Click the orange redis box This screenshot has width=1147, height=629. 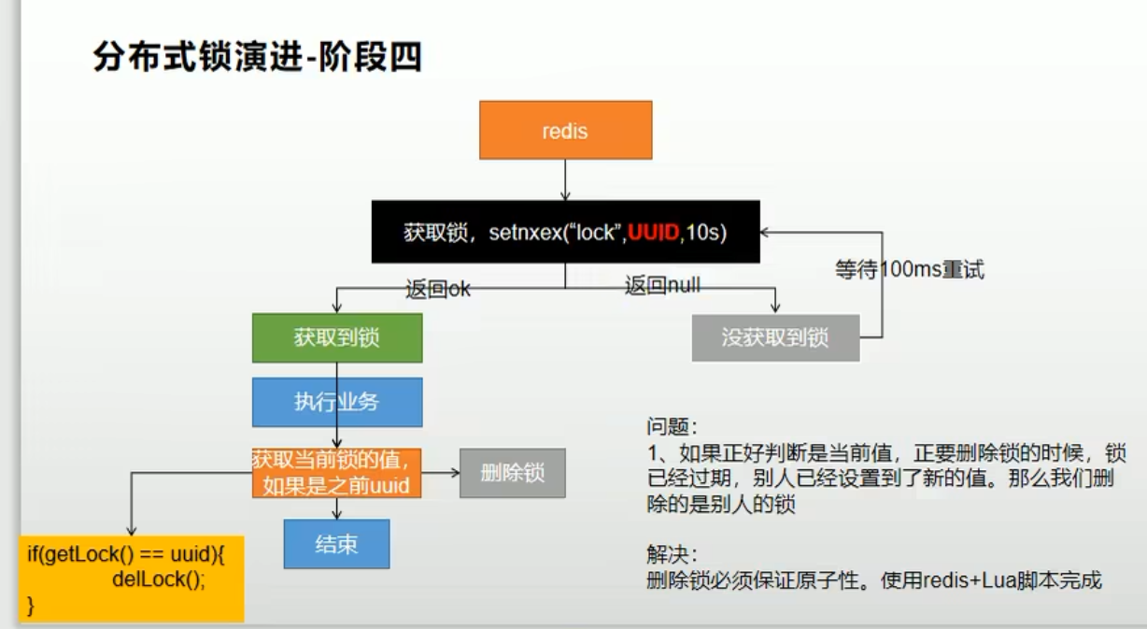pos(564,130)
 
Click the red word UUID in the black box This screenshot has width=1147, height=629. pos(653,233)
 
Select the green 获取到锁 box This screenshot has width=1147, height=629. pos(336,337)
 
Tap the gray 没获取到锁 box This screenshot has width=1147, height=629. pos(775,337)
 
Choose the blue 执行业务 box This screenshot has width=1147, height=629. pos(336,402)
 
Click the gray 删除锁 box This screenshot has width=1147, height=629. pos(512,473)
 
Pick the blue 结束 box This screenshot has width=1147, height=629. pos(336,544)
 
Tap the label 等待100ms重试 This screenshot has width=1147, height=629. pos(909,270)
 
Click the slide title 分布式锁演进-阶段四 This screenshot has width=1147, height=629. pos(257,58)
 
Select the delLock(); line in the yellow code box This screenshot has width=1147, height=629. pos(158,578)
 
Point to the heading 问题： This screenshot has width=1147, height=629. pos(672,426)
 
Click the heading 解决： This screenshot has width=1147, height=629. pos(672,552)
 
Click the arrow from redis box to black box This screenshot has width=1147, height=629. pos(564,179)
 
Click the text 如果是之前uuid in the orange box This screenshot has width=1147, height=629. pos(336,486)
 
